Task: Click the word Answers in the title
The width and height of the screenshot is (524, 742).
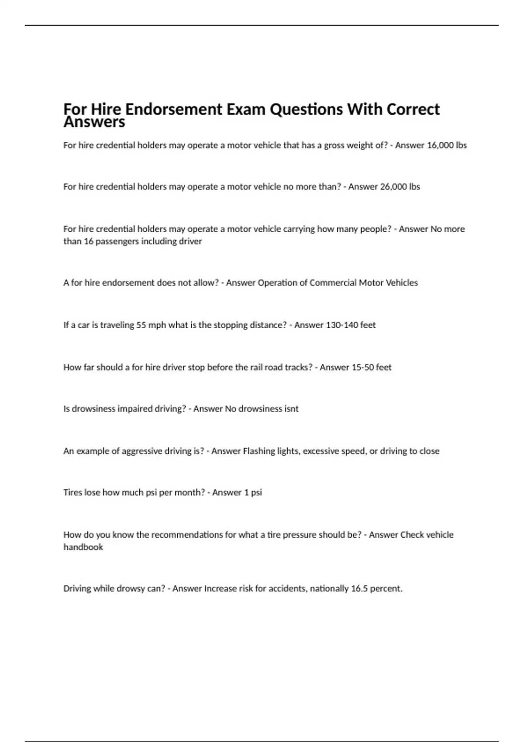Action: tap(94, 122)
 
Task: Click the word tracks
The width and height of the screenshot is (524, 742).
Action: tap(298, 368)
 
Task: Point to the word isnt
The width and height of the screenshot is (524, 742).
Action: tap(290, 409)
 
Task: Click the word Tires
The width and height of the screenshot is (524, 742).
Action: tap(72, 493)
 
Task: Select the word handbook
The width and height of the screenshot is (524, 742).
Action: tap(83, 547)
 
